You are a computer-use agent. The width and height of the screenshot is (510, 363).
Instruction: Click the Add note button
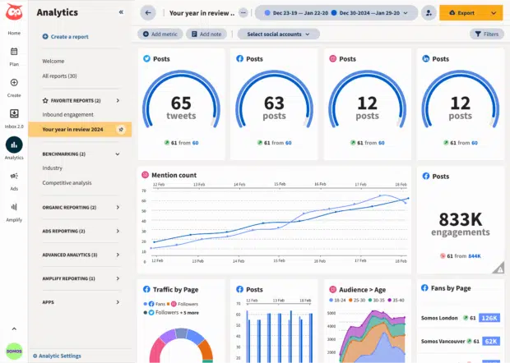click(x=206, y=34)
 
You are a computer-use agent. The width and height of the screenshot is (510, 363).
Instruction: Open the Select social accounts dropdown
click(x=279, y=34)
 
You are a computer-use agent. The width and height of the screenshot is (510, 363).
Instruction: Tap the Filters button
click(x=487, y=34)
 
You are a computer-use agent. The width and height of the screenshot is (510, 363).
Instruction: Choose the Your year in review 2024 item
click(x=72, y=129)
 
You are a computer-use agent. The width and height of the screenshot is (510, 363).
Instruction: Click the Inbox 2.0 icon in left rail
click(x=14, y=117)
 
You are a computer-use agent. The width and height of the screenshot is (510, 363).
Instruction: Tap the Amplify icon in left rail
click(x=14, y=211)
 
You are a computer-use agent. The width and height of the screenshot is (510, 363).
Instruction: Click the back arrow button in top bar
click(x=148, y=13)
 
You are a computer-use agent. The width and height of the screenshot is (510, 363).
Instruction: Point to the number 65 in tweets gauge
click(x=181, y=103)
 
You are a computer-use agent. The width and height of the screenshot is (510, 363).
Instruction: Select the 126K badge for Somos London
click(x=490, y=318)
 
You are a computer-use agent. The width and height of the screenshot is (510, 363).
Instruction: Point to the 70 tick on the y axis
click(x=144, y=191)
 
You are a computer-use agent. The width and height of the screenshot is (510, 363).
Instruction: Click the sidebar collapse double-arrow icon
click(x=122, y=12)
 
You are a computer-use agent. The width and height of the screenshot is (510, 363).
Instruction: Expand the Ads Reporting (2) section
click(x=117, y=231)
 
